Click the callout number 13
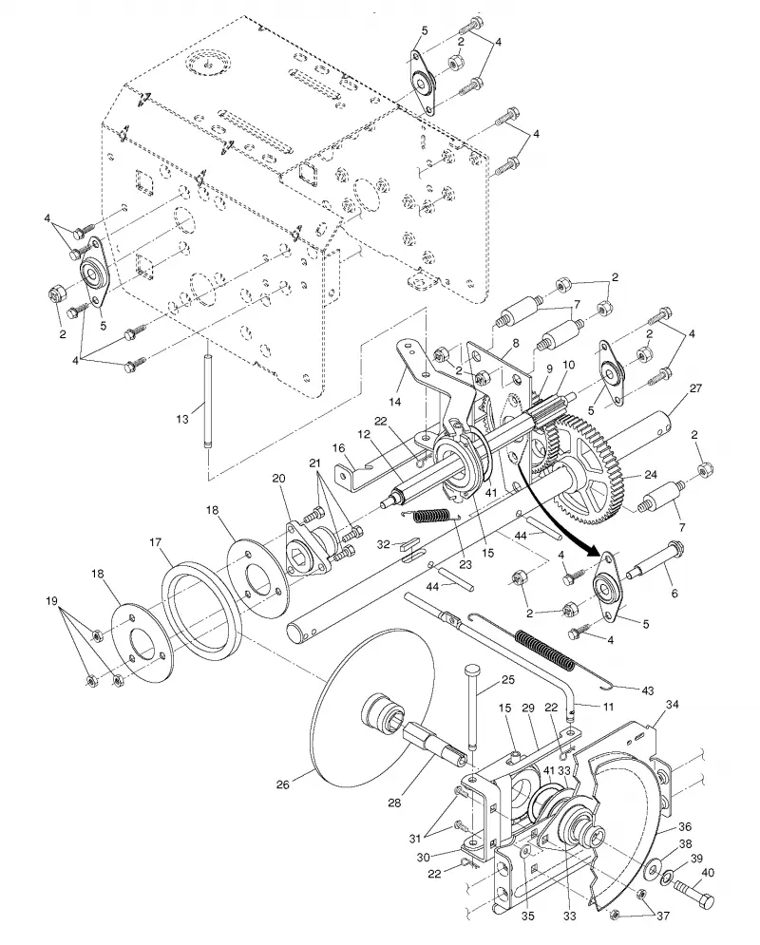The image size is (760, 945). (182, 419)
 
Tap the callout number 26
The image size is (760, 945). (283, 784)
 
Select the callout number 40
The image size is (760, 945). (708, 872)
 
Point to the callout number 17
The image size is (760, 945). (156, 542)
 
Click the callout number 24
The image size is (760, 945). (651, 475)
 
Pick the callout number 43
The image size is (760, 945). (648, 690)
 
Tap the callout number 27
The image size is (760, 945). (695, 388)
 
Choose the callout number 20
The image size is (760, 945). (277, 479)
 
